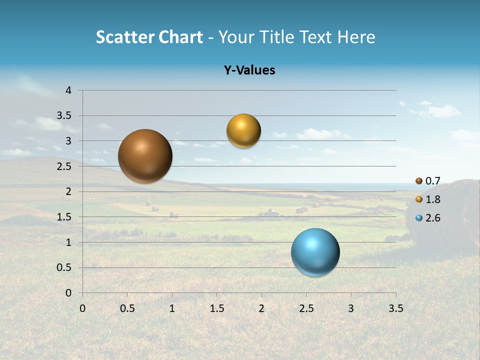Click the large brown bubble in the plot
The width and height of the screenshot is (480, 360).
(x=145, y=156)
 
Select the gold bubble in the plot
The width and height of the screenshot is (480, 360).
(x=243, y=131)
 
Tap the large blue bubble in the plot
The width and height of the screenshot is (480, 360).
(x=315, y=252)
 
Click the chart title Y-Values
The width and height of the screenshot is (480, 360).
(x=249, y=70)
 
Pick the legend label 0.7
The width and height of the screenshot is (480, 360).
(x=433, y=181)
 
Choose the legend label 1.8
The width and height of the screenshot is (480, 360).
(x=433, y=199)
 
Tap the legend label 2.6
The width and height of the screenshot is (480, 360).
(x=433, y=218)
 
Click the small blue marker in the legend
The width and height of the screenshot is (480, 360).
(x=419, y=218)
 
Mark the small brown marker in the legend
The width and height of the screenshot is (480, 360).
(x=419, y=181)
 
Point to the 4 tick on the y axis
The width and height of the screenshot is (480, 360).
(x=68, y=90)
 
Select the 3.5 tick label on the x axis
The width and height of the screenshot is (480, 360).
(x=395, y=308)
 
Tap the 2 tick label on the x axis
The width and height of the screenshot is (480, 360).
(x=261, y=308)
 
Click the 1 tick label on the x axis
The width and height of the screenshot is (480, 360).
(x=172, y=308)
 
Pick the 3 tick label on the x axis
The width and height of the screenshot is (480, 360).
(x=351, y=308)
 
